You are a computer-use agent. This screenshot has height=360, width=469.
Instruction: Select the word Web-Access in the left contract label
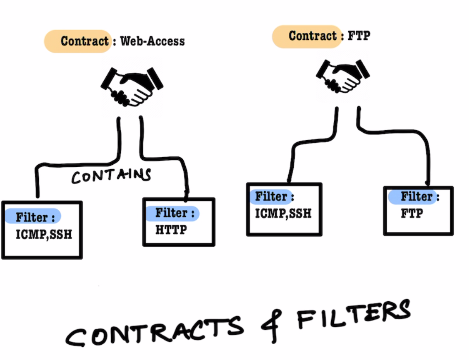[x=152, y=41]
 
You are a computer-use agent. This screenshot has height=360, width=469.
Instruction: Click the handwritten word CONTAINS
[x=111, y=176]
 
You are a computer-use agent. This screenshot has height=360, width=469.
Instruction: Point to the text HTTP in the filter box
[x=171, y=230]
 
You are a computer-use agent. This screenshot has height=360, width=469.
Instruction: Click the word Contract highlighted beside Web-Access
[x=85, y=41]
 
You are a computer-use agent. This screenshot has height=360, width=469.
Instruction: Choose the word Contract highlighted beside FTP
[x=313, y=36]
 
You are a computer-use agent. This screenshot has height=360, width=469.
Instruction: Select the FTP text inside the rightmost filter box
[x=412, y=214]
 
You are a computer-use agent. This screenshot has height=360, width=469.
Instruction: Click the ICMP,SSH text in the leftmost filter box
[x=43, y=234]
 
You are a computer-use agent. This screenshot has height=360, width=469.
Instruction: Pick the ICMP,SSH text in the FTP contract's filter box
[x=283, y=214]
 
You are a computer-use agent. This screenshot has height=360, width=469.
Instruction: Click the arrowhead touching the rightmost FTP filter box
[x=427, y=184]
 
